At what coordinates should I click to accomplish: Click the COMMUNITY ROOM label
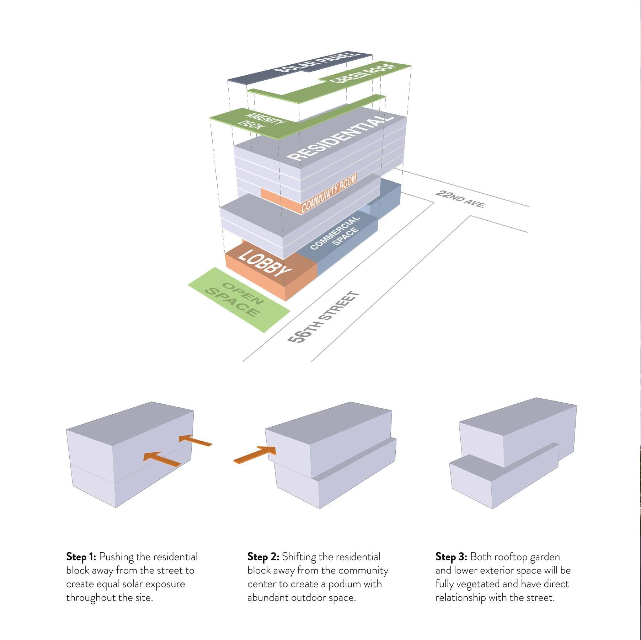click(328, 194)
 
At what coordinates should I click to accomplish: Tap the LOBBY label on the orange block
click(263, 263)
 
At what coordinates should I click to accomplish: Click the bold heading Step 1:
click(81, 557)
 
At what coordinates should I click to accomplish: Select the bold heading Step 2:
click(263, 557)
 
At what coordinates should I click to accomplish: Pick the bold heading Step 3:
click(451, 557)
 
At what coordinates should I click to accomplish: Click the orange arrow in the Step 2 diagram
click(255, 455)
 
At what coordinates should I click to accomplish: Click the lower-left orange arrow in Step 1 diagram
click(162, 459)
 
